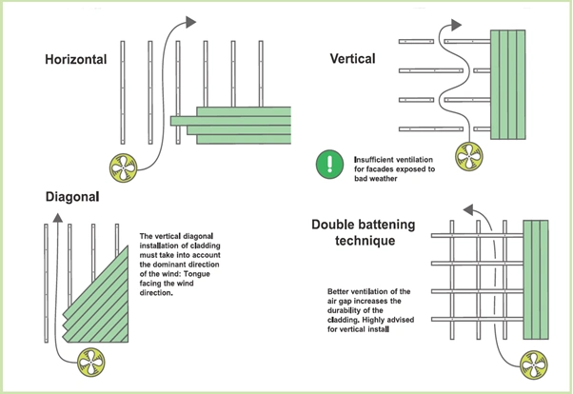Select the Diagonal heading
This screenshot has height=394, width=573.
[73, 198]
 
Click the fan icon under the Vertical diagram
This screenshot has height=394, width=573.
[468, 154]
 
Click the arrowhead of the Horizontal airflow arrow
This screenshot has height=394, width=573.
[193, 24]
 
